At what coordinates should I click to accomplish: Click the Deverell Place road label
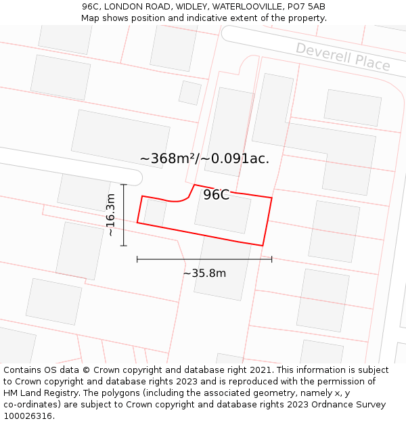[x=343, y=57]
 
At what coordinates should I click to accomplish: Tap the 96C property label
[x=217, y=195]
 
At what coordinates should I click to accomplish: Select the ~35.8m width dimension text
[x=204, y=273]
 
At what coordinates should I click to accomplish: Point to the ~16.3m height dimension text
[x=110, y=215]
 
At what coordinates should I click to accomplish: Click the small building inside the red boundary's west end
[x=155, y=212]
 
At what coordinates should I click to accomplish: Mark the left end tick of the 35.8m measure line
[x=137, y=259]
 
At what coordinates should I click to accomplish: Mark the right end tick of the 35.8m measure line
[x=271, y=259]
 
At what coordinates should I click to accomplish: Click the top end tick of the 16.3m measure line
[x=123, y=184]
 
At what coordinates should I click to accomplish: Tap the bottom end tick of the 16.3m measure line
[x=123, y=246]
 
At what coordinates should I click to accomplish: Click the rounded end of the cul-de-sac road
[x=135, y=177]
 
